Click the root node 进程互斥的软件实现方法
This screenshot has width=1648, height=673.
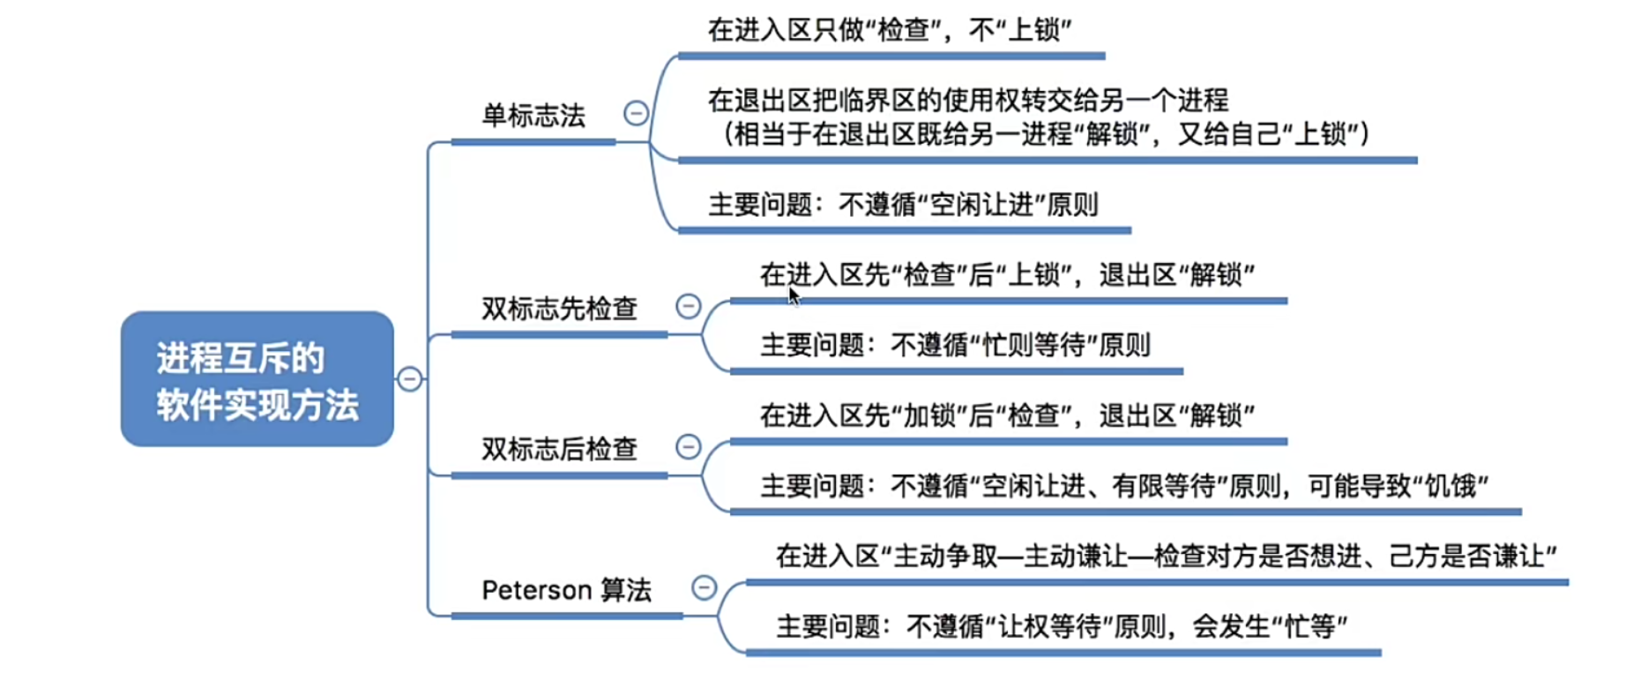point(257,379)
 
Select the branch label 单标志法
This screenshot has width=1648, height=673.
point(533,116)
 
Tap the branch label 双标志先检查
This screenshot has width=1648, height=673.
point(559,309)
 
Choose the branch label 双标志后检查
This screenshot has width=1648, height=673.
point(559,449)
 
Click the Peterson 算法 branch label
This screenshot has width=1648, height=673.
point(566,590)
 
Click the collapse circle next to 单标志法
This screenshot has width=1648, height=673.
point(636,113)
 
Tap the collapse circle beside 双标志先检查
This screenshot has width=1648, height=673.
point(688,306)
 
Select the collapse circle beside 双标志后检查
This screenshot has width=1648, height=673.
point(688,446)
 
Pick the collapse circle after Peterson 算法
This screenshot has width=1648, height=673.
point(704,587)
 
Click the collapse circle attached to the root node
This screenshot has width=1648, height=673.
point(409,379)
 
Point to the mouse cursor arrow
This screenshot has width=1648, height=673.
point(793,295)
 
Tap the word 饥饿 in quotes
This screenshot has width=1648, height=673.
point(1450,486)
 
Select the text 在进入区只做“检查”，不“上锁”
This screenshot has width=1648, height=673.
point(889,30)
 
